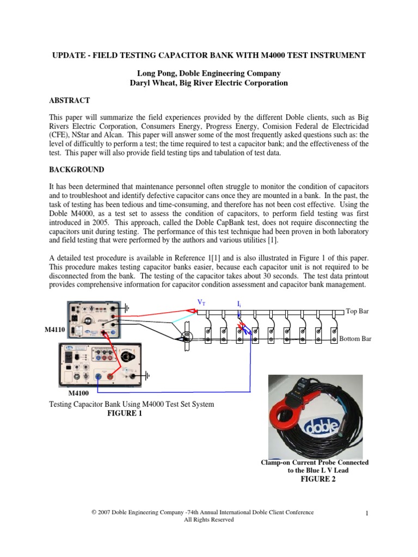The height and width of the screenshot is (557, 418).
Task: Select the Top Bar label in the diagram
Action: pyautogui.click(x=357, y=311)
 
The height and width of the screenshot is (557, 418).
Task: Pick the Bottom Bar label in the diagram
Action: pyautogui.click(x=355, y=338)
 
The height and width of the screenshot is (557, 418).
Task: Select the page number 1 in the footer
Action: pyautogui.click(x=368, y=512)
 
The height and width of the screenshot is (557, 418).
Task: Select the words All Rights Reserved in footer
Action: pyautogui.click(x=209, y=520)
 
